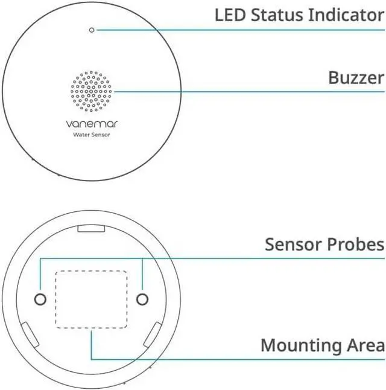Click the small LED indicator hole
(x=91, y=30)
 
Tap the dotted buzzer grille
(x=91, y=92)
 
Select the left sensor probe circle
(x=40, y=299)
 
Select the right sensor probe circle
(x=142, y=299)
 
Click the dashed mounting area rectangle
(x=91, y=299)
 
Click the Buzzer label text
(x=356, y=78)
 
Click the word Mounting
(x=300, y=346)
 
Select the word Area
(x=364, y=346)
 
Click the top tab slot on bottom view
(x=92, y=229)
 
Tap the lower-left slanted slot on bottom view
(x=30, y=334)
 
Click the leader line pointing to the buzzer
(x=241, y=92)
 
